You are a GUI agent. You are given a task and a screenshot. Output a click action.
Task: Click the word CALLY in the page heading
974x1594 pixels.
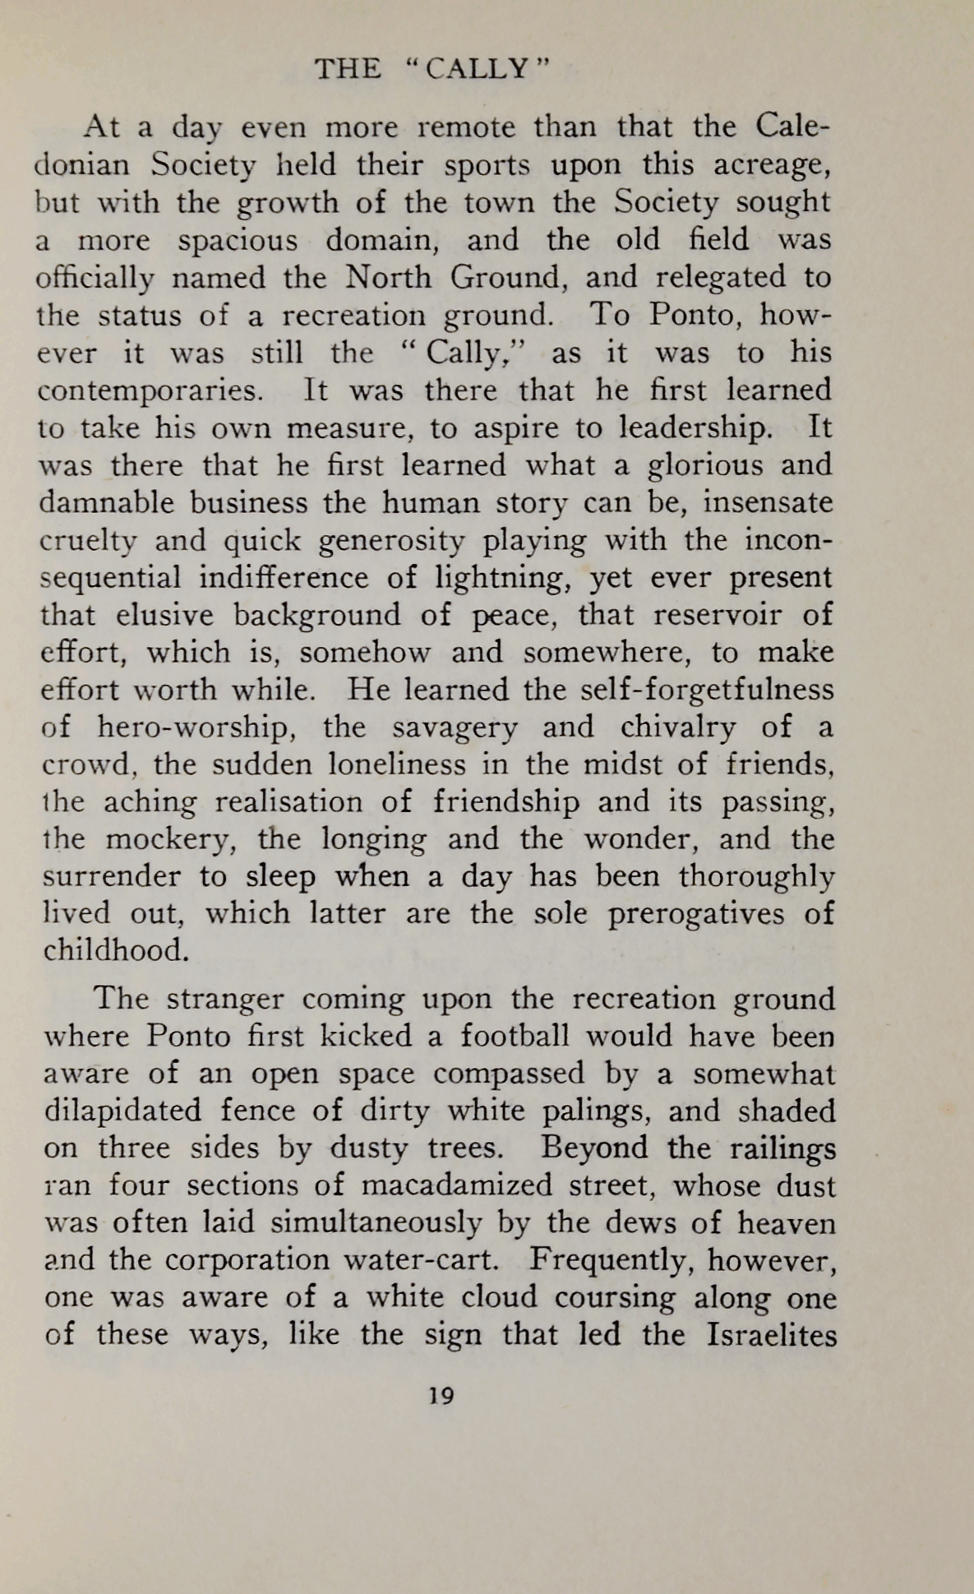[x=482, y=69]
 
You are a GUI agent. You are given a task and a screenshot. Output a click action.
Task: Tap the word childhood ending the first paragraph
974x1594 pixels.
[x=115, y=950]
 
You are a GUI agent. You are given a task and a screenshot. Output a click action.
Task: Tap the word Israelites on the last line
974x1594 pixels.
[x=771, y=1334]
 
